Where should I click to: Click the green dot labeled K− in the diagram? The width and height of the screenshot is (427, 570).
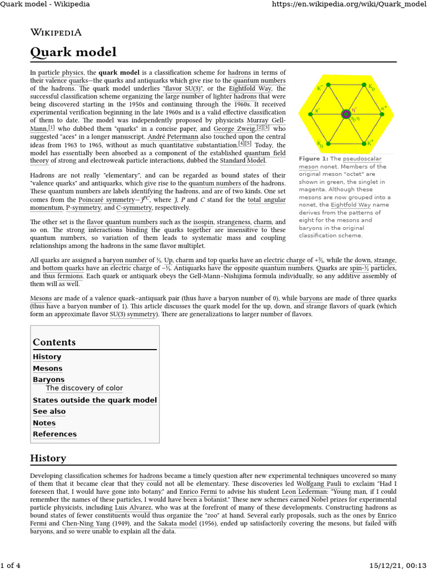[328, 85]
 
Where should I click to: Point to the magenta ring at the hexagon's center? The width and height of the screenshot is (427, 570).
[346, 114]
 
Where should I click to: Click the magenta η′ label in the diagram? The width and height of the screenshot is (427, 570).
[355, 109]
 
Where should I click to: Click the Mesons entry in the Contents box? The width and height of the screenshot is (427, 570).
[47, 368]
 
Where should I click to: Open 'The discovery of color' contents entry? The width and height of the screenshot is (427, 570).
[84, 388]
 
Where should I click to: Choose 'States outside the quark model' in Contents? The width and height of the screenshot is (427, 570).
[95, 400]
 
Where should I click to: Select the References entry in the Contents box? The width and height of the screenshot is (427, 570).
[54, 434]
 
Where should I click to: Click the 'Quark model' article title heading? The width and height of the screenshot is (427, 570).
[73, 52]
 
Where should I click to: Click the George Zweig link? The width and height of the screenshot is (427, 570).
[234, 129]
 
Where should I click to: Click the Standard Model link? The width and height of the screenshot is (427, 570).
[242, 161]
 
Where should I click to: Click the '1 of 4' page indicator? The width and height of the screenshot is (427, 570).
[10, 566]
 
